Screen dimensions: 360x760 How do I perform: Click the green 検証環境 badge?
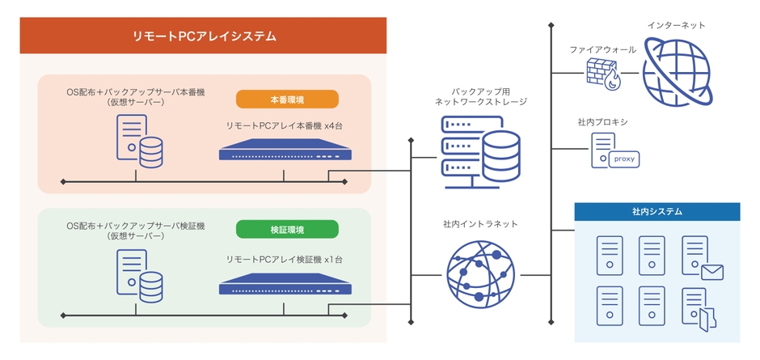coord(287,231)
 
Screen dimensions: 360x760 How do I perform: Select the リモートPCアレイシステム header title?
coord(204,36)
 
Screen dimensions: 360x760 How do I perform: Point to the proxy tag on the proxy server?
coord(624,159)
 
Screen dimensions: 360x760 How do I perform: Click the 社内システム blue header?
coord(657,212)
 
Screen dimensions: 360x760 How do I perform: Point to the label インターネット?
coord(676,26)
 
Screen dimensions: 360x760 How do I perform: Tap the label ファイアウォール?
coord(602,49)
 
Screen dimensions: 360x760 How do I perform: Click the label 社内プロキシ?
coord(602,121)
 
